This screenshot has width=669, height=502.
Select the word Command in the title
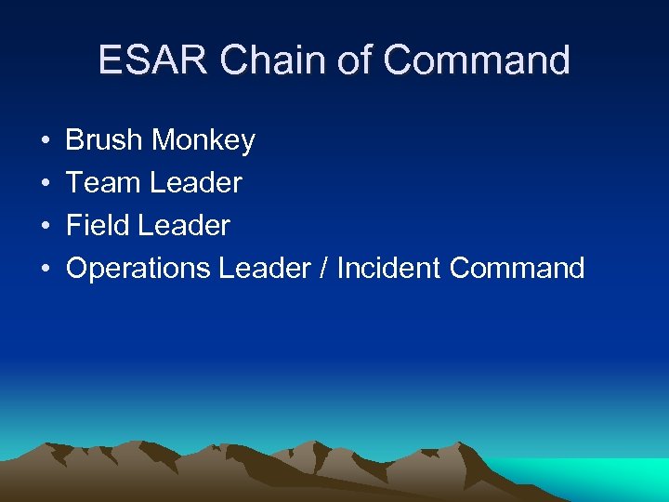[x=475, y=60]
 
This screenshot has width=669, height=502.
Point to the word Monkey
[x=203, y=141]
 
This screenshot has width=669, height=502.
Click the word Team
[x=104, y=183]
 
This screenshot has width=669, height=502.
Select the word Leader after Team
[x=196, y=183]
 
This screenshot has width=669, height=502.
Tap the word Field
[x=99, y=226]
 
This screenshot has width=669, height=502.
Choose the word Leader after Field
[x=185, y=226]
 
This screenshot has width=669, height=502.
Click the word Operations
[x=138, y=269]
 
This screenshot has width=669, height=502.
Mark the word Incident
[x=388, y=269]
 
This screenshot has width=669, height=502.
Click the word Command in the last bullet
[x=517, y=269]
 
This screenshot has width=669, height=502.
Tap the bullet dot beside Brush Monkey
[x=46, y=141]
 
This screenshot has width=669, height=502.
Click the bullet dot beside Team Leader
[x=46, y=184]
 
